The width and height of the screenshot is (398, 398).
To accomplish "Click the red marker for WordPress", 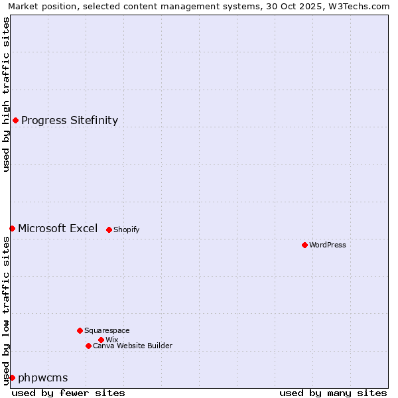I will [304, 245].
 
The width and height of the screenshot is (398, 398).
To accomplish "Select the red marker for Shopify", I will [109, 230].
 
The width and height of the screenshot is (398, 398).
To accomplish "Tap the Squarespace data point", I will [80, 330].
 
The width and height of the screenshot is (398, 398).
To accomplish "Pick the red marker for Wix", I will [101, 340].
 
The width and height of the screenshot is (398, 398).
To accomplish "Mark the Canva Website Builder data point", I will [88, 346].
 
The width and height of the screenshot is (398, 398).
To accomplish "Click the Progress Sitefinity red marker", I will [15, 120].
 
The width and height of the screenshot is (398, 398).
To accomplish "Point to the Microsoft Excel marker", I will [12, 228].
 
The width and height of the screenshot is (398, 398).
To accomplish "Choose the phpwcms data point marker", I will [12, 377].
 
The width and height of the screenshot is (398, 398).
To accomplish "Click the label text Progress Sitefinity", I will [70, 120].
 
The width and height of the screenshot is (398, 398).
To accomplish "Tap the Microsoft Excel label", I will [58, 228].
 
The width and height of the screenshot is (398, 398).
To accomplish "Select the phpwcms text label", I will [43, 377].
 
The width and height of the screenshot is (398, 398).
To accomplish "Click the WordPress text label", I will [328, 245].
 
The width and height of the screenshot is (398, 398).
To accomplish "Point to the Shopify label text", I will [127, 230].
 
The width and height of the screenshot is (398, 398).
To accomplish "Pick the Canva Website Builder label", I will [133, 346].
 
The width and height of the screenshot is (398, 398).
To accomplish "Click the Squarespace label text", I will [107, 330].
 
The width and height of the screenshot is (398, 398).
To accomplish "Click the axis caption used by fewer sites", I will [68, 393].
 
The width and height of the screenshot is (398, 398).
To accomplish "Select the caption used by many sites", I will [333, 393].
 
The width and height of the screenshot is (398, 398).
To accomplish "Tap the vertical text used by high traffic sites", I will [6, 94].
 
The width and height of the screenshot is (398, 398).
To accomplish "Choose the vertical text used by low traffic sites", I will [6, 310].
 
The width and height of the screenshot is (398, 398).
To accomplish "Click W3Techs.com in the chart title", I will [359, 6].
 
